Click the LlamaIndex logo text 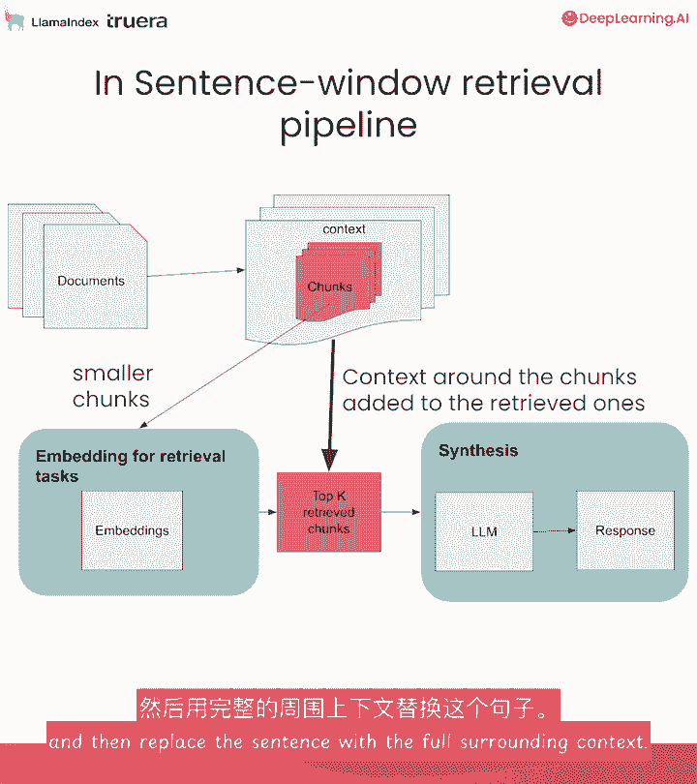(64, 21)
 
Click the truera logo (136, 20)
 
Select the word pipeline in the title (348, 125)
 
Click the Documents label (91, 281)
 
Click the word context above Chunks (344, 229)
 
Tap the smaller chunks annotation (112, 386)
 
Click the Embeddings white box (132, 530)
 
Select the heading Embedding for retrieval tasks (130, 466)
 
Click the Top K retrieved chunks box (329, 512)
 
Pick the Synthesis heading (478, 451)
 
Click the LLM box (484, 531)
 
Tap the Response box (624, 530)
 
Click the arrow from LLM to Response (555, 530)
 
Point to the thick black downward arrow (332, 407)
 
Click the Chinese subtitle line (348, 706)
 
